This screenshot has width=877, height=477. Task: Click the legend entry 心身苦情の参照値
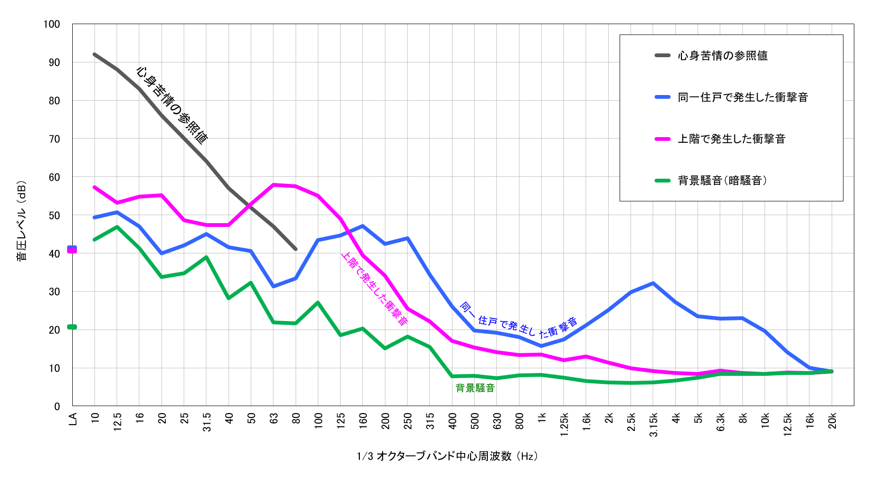tap(722, 56)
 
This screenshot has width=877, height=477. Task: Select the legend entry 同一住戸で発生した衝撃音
tap(742, 97)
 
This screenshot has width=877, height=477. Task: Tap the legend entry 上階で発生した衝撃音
tap(731, 139)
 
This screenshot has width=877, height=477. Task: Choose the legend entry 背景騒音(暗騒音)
tap(722, 181)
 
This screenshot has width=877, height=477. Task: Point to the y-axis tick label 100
tap(51, 24)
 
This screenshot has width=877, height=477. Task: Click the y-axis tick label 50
tap(54, 215)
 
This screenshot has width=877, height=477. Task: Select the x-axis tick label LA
tap(73, 419)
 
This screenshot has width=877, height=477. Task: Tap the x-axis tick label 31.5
tap(207, 422)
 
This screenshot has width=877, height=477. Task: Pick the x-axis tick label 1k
tap(542, 417)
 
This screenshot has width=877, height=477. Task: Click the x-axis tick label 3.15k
tap(654, 425)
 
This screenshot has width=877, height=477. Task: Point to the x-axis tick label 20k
tap(832, 420)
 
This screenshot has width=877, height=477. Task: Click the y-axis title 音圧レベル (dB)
tap(22, 221)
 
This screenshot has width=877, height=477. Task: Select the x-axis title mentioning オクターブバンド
tap(447, 456)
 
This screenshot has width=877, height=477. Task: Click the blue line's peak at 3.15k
tap(653, 283)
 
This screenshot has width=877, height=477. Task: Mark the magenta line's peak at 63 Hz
tap(273, 185)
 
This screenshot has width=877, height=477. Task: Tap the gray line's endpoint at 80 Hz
tap(296, 249)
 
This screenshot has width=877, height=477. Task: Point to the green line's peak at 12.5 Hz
tap(117, 227)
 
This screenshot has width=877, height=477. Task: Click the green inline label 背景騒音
tap(475, 388)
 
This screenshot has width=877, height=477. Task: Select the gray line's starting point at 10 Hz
tap(95, 54)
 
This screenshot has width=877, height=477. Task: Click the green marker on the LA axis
tap(72, 327)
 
